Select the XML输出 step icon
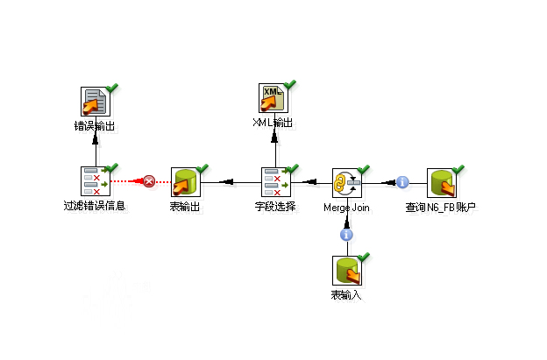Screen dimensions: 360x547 point(275,97)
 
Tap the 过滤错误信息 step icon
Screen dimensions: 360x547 point(95,182)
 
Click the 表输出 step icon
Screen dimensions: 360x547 point(185,182)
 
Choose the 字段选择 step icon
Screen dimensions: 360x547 point(275,182)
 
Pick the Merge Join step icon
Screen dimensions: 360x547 point(347,182)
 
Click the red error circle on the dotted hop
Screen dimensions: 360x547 point(149,181)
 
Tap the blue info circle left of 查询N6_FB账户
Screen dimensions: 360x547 point(402,182)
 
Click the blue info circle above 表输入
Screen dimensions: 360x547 point(347,234)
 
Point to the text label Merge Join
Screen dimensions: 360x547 point(347,208)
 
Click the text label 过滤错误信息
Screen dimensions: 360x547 point(95,208)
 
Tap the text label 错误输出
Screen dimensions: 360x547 point(95,126)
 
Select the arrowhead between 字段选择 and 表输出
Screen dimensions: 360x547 point(225,182)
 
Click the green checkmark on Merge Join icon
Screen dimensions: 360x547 point(365,168)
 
